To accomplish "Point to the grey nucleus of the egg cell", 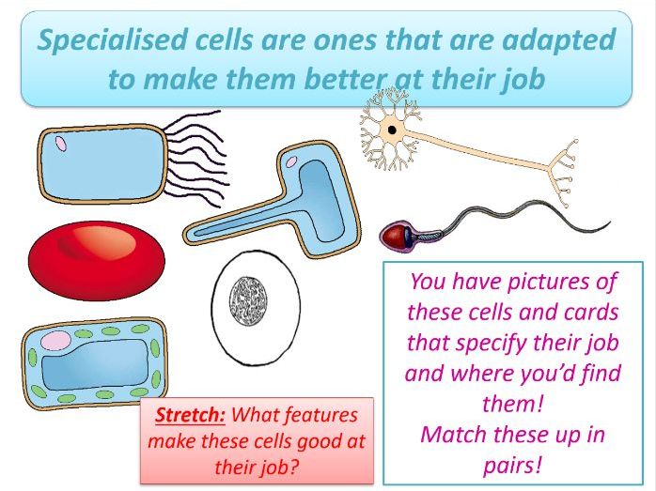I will pyautogui.click(x=249, y=300).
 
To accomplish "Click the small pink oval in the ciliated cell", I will pyautogui.click(x=60, y=144).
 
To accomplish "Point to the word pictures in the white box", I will pyautogui.click(x=548, y=282).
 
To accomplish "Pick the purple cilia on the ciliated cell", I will pyautogui.click(x=197, y=150).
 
